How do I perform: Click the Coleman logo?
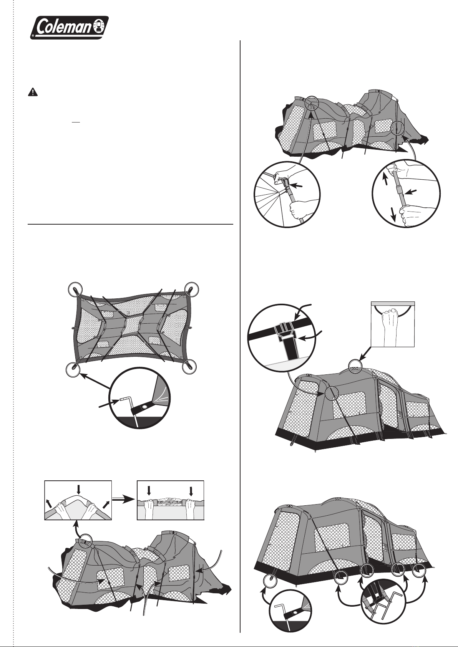click(x=69, y=27)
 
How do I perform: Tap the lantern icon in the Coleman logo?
click(x=100, y=27)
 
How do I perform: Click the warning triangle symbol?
click(x=33, y=92)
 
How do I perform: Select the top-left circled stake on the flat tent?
click(x=75, y=289)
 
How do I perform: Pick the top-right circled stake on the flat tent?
click(x=191, y=288)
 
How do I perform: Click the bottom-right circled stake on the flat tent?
click(x=189, y=366)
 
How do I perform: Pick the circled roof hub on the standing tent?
click(x=355, y=366)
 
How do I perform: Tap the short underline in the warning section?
click(x=76, y=122)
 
